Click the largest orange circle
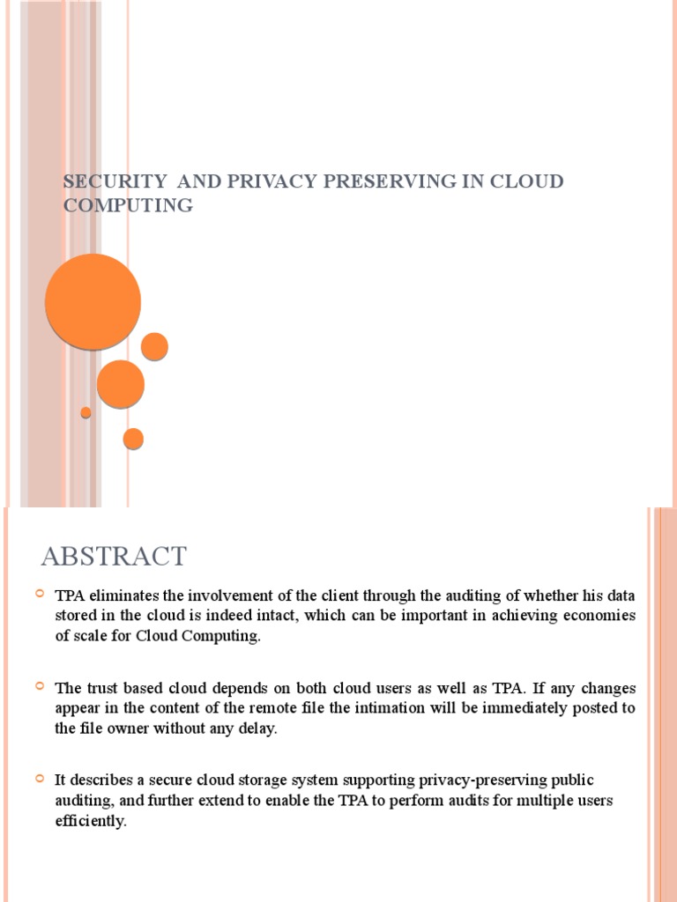click(93, 301)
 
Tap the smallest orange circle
click(86, 412)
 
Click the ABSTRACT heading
click(114, 557)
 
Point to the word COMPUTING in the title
click(128, 205)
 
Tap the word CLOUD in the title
click(527, 181)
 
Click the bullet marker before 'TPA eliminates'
click(39, 595)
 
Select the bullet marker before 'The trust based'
click(39, 686)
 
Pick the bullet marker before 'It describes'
click(39, 779)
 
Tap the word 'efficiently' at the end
click(90, 822)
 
